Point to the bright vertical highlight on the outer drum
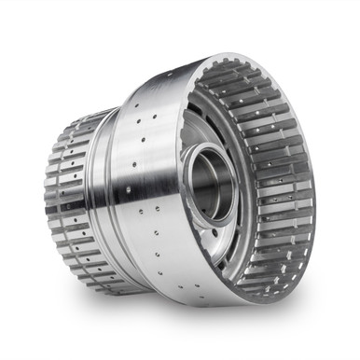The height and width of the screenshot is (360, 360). tap(163, 187)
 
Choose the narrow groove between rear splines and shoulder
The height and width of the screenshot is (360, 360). tap(93, 187)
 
